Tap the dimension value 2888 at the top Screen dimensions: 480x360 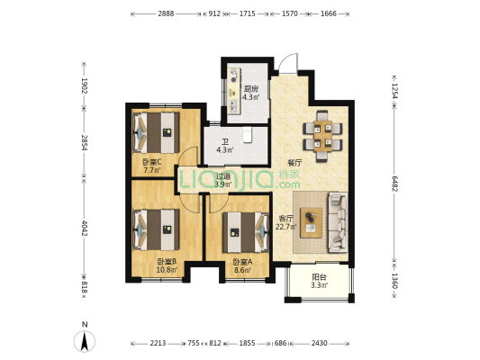click(x=166, y=13)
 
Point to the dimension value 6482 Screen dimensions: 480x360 click(x=394, y=184)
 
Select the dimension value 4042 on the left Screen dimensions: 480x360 click(x=85, y=228)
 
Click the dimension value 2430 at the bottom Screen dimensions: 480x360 click(x=320, y=343)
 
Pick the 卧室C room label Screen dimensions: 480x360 click(x=152, y=162)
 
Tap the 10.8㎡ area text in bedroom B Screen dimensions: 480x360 click(x=167, y=270)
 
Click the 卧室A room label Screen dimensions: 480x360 click(x=242, y=262)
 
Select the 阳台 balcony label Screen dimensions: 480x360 click(x=320, y=277)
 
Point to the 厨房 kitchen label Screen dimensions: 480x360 click(x=251, y=89)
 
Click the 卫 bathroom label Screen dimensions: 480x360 click(x=225, y=142)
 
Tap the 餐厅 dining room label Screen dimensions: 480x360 click(x=294, y=163)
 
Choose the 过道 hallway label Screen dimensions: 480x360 click(x=223, y=176)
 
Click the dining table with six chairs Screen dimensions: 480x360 click(x=322, y=136)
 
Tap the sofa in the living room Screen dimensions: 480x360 click(x=338, y=222)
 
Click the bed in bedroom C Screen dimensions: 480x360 click(x=156, y=132)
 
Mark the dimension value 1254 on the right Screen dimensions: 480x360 click(x=394, y=91)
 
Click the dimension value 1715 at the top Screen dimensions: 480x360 click(x=247, y=13)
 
